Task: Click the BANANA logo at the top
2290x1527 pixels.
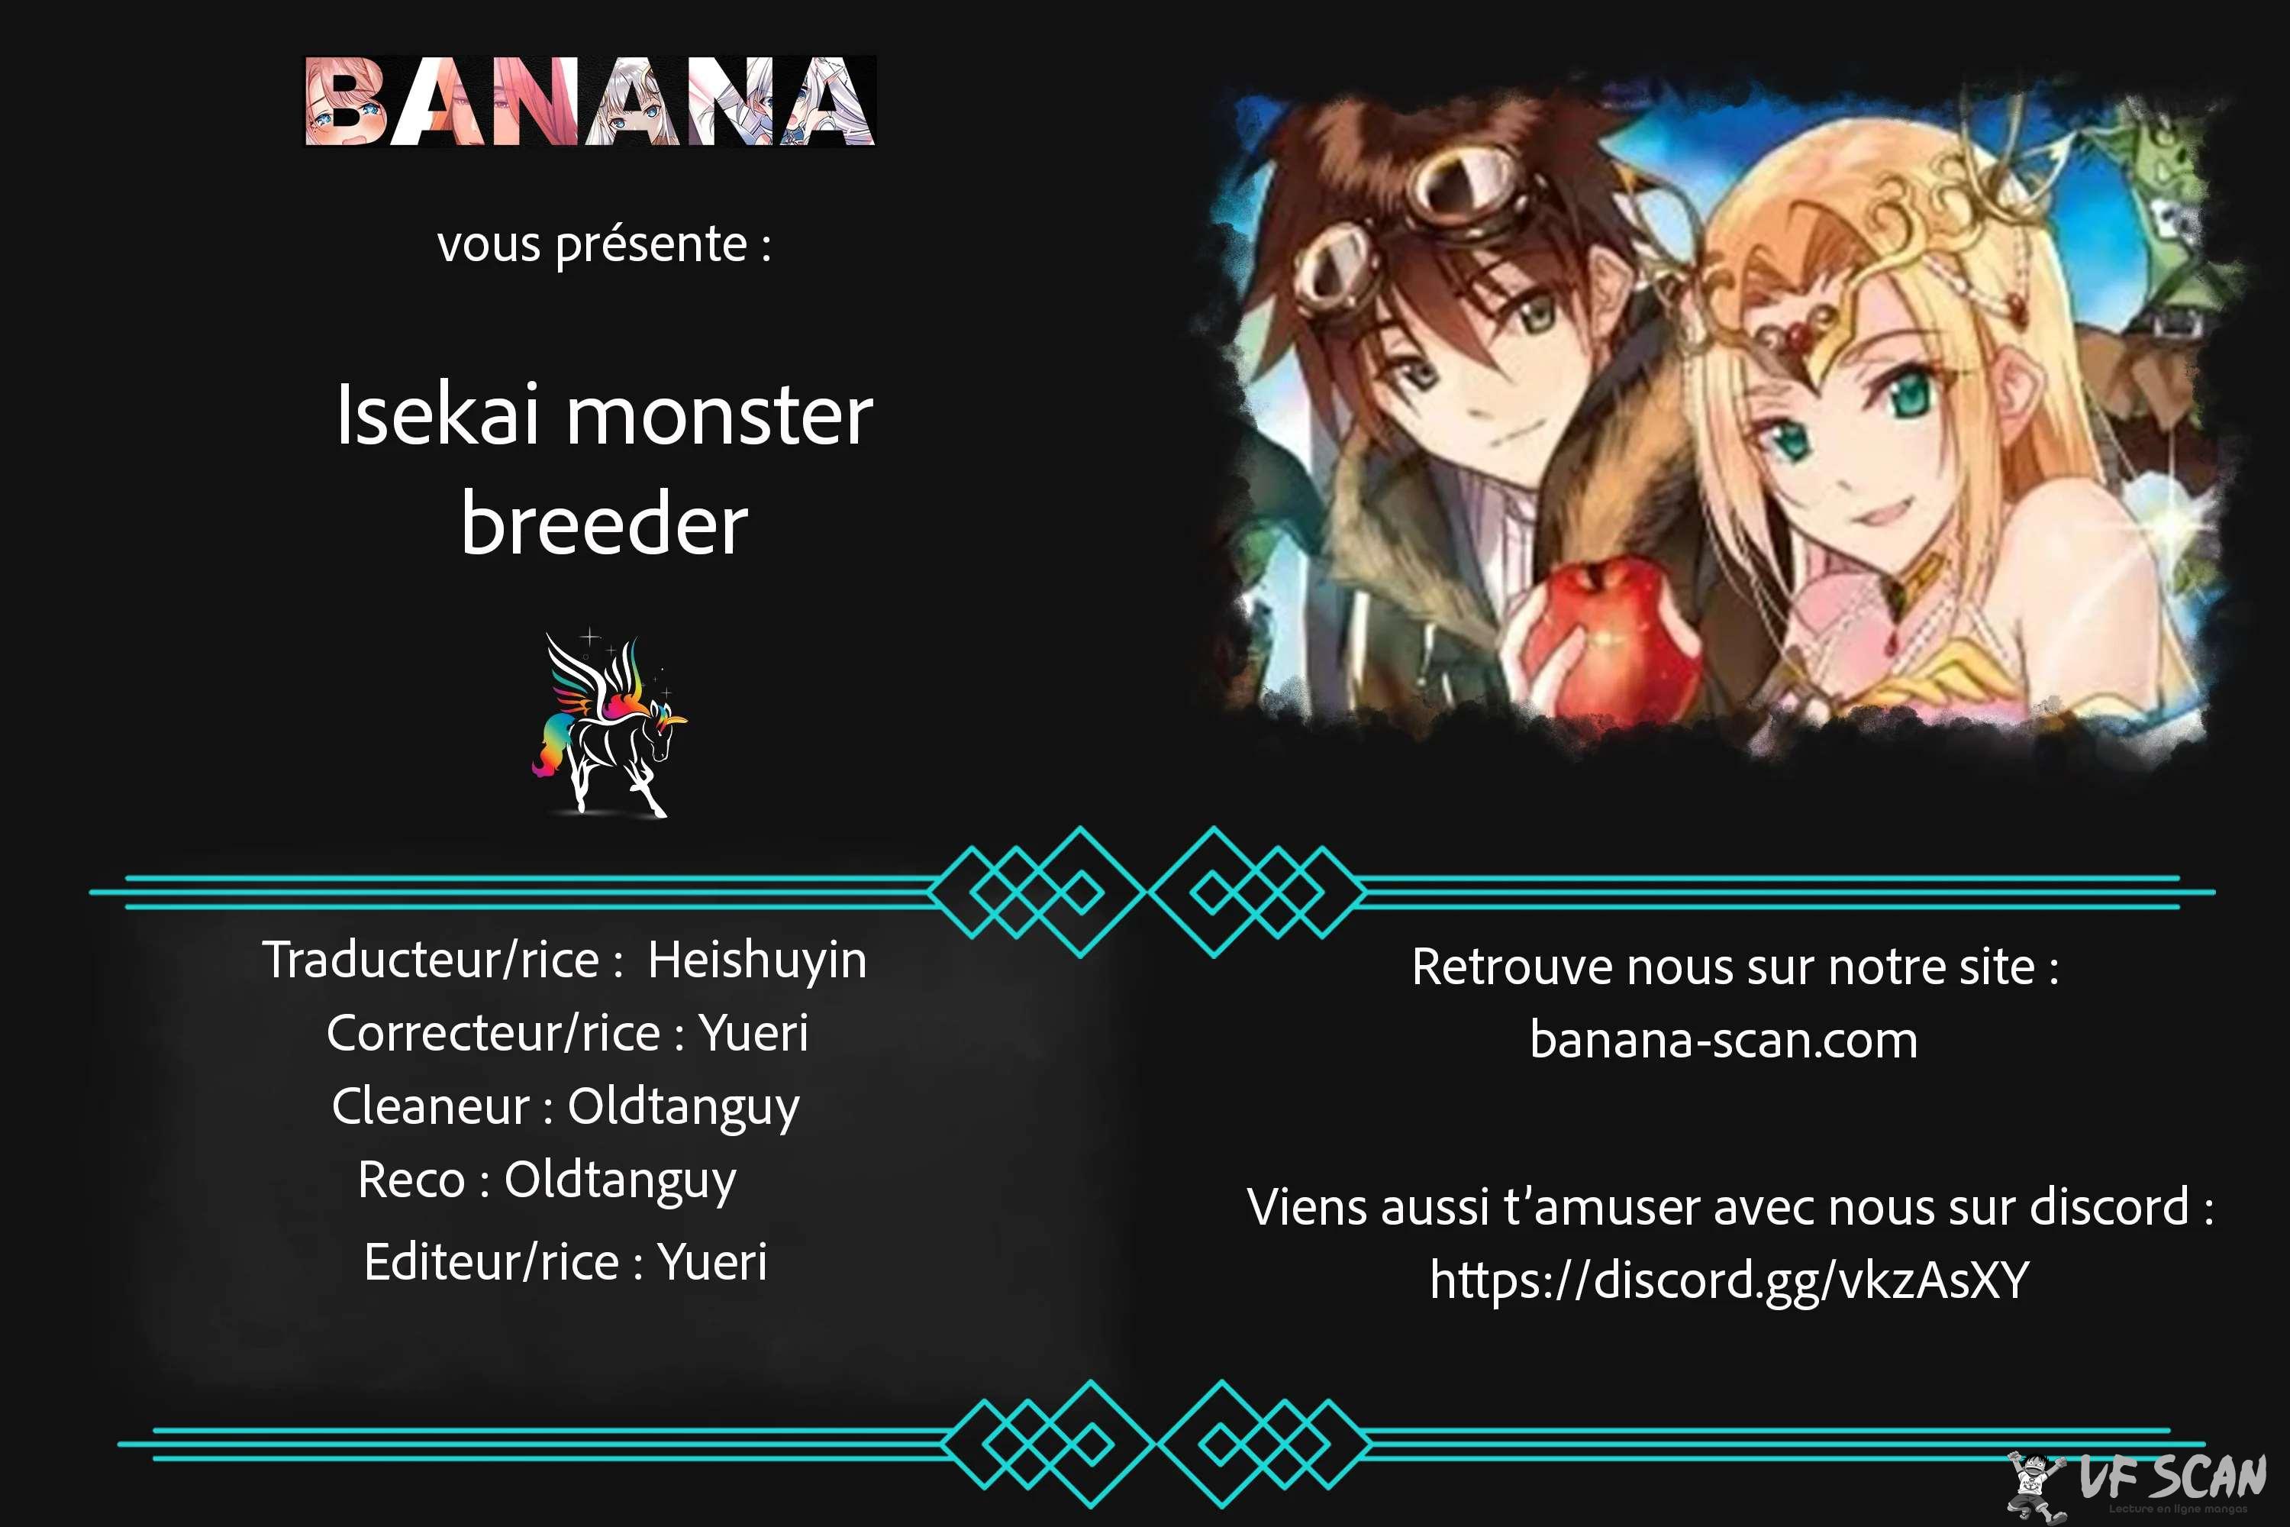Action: (x=590, y=102)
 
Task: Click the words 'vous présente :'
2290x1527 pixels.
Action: (x=605, y=244)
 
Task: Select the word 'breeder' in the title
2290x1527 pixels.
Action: (x=605, y=524)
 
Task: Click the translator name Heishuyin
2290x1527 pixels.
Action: (x=757, y=961)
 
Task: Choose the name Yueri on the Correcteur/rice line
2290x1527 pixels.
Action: (x=753, y=1033)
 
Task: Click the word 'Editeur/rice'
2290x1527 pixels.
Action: (x=492, y=1262)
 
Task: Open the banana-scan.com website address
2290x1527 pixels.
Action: (x=1724, y=1039)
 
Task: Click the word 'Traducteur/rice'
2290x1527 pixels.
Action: (x=431, y=960)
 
